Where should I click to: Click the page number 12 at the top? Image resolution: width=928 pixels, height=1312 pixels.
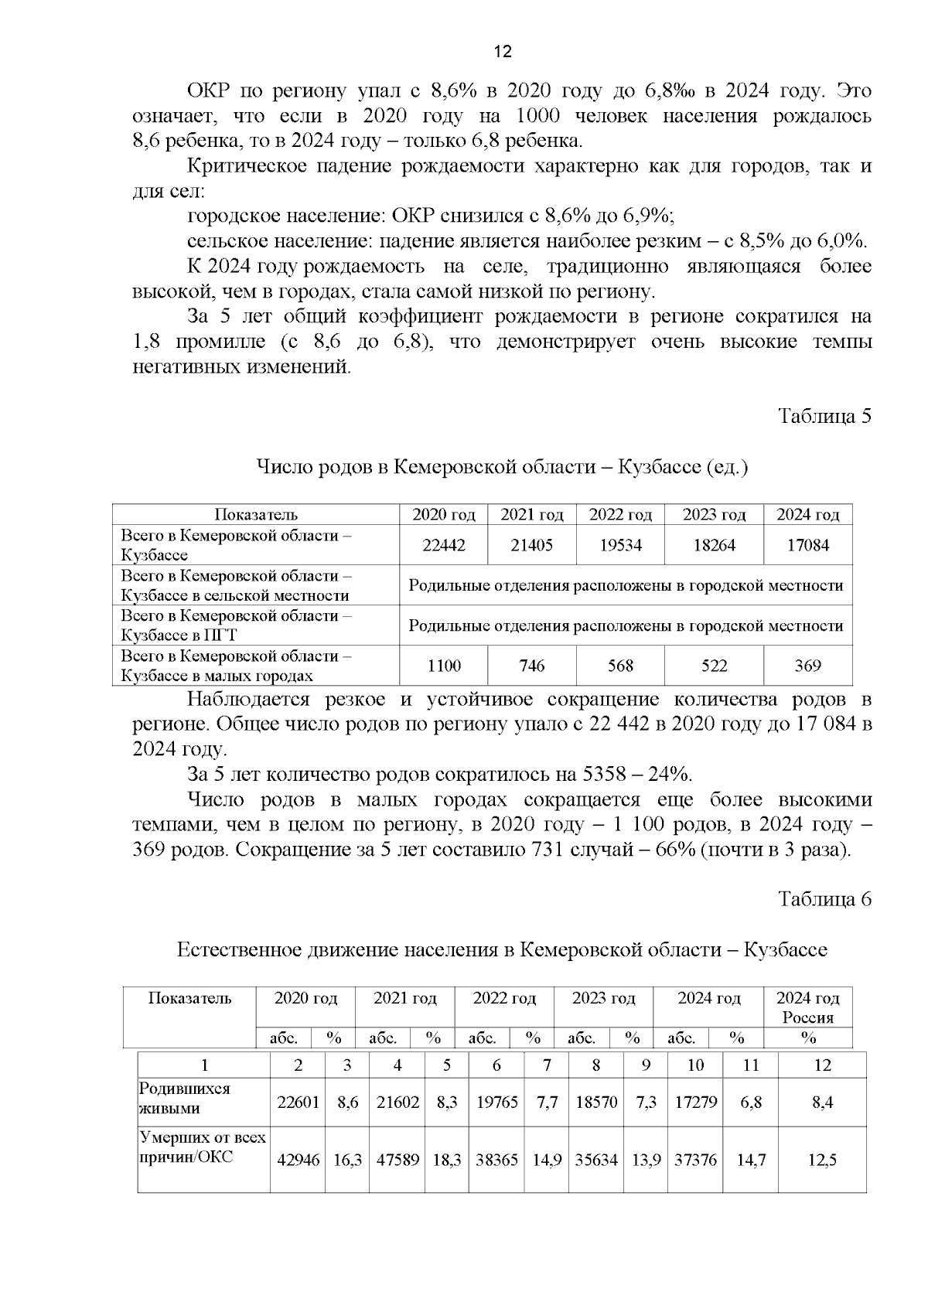click(502, 52)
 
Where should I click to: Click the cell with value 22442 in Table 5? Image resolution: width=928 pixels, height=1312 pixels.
click(443, 545)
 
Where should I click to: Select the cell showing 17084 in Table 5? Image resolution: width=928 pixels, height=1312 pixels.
click(807, 545)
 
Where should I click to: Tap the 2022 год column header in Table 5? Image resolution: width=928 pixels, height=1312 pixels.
click(620, 515)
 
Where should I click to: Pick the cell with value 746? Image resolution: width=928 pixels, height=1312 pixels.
click(532, 666)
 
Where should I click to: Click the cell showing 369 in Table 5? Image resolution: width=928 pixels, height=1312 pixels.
click(807, 666)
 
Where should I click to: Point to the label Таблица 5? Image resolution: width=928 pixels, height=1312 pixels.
click(824, 416)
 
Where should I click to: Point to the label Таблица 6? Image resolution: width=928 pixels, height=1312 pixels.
click(824, 899)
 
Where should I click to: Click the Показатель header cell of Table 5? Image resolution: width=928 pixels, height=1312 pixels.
click(256, 515)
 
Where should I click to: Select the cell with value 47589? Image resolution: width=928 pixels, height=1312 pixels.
click(397, 1160)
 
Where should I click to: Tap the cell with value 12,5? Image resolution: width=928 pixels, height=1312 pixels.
click(822, 1160)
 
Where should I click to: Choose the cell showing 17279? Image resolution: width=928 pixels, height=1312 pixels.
click(695, 1102)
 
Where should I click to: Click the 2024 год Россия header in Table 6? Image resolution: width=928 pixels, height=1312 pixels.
click(807, 1007)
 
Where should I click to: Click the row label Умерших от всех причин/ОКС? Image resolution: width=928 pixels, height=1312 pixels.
click(201, 1147)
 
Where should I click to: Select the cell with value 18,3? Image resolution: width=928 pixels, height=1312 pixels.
click(447, 1160)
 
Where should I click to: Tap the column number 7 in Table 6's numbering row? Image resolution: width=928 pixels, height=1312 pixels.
click(547, 1065)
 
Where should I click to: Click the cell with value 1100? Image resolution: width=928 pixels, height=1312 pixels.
click(443, 666)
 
